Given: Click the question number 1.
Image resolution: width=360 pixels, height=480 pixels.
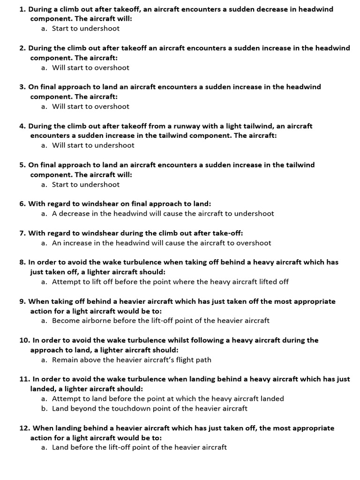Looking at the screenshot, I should tap(22, 9).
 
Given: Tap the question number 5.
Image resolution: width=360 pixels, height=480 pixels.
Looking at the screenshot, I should tap(22, 165).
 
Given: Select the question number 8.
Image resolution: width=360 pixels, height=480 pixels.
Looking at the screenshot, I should tap(22, 262).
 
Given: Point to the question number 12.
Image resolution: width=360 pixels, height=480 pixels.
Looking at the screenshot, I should tap(25, 428).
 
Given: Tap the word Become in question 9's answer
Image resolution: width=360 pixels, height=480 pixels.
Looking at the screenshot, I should tap(66, 321).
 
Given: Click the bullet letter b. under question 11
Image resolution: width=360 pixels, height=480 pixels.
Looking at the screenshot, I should tap(44, 408).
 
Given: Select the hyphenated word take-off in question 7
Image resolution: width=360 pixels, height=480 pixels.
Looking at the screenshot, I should tap(228, 233).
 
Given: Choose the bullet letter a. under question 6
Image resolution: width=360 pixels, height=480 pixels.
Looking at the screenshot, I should tap(44, 213).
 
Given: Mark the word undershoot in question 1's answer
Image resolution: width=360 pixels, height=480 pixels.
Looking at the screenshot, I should tap(100, 28).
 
